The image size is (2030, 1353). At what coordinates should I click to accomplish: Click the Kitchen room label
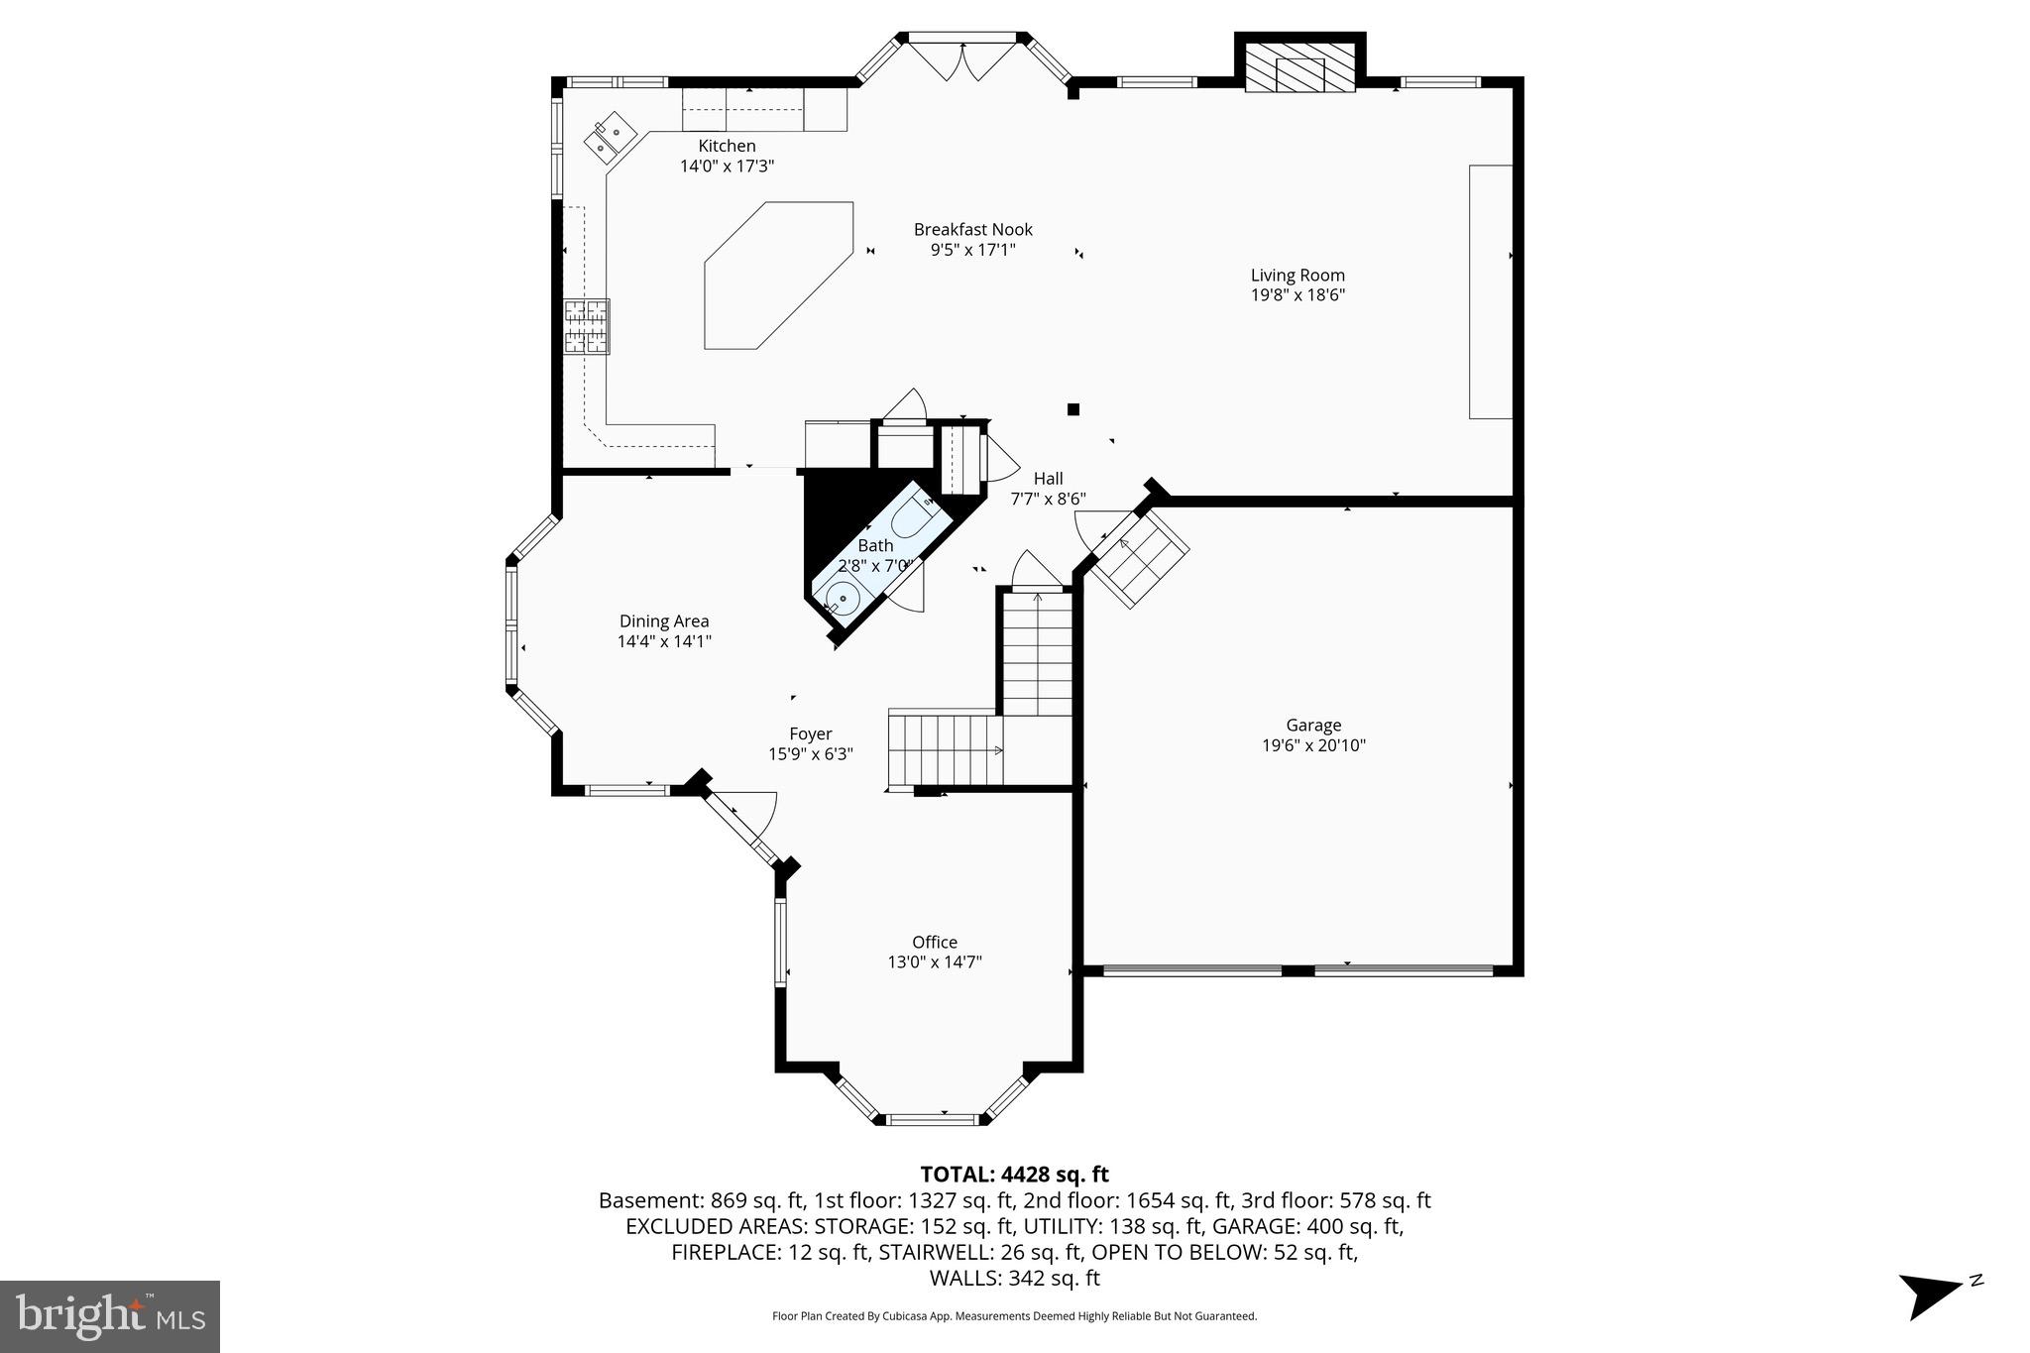point(727,147)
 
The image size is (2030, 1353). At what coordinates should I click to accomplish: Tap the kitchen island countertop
point(778,275)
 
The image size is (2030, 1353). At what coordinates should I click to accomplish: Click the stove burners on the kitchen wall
point(587,326)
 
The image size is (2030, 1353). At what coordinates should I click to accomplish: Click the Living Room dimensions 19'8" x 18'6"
point(1297,294)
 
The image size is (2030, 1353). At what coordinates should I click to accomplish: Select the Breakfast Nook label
point(972,230)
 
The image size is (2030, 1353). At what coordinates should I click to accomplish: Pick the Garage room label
point(1313,726)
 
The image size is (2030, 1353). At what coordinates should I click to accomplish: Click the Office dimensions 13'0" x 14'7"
point(934,961)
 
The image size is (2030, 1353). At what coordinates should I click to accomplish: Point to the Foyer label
point(810,734)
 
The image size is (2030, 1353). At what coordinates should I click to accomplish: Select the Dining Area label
point(664,621)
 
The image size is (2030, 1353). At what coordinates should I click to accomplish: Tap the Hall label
point(1048,479)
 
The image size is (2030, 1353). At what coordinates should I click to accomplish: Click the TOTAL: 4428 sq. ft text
point(1014,1175)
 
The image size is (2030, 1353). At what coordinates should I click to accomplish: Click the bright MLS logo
point(110,1316)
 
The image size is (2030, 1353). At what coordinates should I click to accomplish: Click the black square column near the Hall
point(1072,409)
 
